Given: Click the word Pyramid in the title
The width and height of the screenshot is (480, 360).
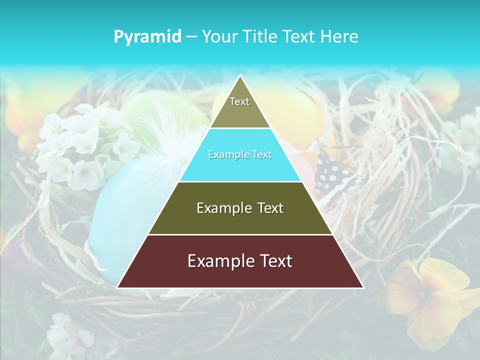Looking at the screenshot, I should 147,37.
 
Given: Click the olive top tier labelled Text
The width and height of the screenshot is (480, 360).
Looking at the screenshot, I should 240,107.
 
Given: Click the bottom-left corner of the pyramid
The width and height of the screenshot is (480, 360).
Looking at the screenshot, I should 118,287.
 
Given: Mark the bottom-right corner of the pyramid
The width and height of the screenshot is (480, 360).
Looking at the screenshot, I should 362,287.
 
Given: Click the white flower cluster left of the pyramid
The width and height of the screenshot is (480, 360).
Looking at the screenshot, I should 80,145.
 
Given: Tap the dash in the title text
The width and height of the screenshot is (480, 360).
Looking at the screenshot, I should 191,37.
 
